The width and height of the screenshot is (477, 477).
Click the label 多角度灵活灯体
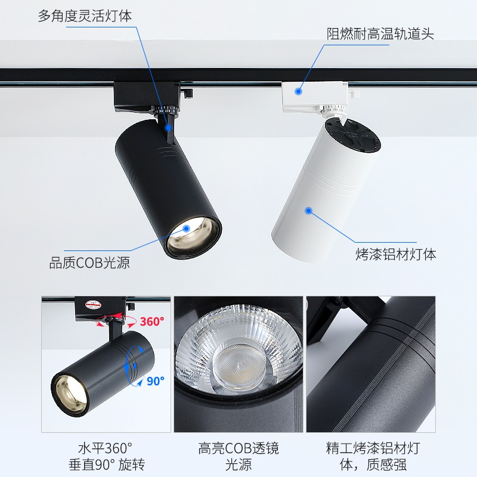click(85, 16)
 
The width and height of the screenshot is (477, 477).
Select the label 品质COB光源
click(89, 262)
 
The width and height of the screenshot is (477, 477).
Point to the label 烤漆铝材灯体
click(396, 254)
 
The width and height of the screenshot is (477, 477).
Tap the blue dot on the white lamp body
click(309, 210)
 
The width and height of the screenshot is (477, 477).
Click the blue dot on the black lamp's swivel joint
click(169, 126)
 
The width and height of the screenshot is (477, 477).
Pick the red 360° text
click(151, 321)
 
